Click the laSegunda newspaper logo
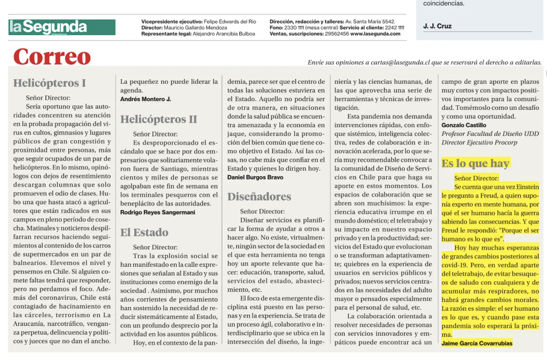click(62, 27)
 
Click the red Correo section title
click(52, 57)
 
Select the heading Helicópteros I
click(50, 83)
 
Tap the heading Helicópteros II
click(159, 119)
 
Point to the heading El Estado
click(144, 232)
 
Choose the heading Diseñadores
click(259, 197)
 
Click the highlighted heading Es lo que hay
click(475, 163)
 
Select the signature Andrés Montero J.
click(146, 99)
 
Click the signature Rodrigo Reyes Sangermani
click(158, 213)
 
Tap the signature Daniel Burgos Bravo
click(255, 178)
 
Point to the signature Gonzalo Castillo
click(464, 125)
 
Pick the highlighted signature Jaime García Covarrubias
click(477, 344)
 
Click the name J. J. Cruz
click(437, 26)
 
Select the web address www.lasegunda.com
click(375, 34)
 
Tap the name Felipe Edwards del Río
click(230, 22)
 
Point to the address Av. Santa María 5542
click(370, 22)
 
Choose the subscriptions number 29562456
click(337, 34)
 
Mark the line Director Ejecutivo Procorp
click(479, 143)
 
